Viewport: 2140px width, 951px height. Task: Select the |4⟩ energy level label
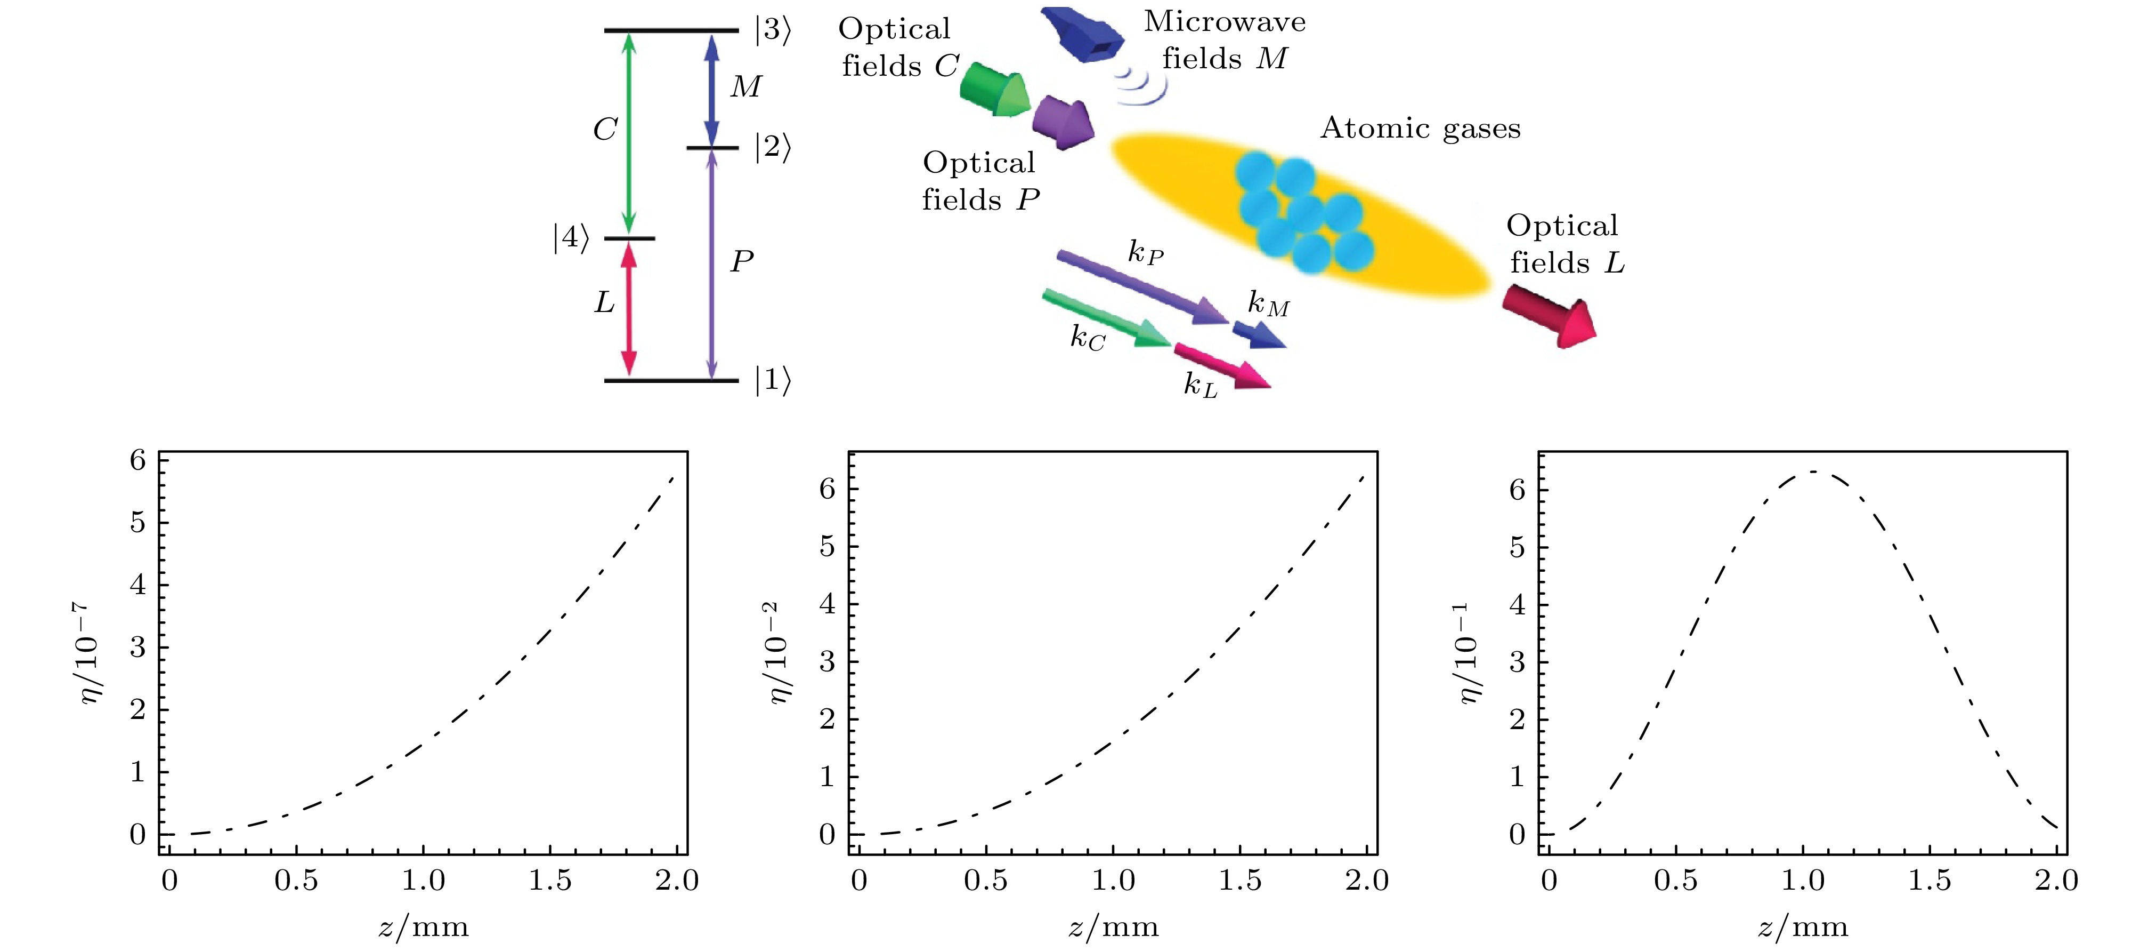(572, 238)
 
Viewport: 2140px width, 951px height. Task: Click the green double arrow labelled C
(629, 133)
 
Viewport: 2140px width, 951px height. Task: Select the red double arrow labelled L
(629, 309)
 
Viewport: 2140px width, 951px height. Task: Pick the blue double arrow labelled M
(711, 90)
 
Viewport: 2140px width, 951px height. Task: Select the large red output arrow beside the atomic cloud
(1550, 316)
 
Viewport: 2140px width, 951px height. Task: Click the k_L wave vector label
(1201, 385)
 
